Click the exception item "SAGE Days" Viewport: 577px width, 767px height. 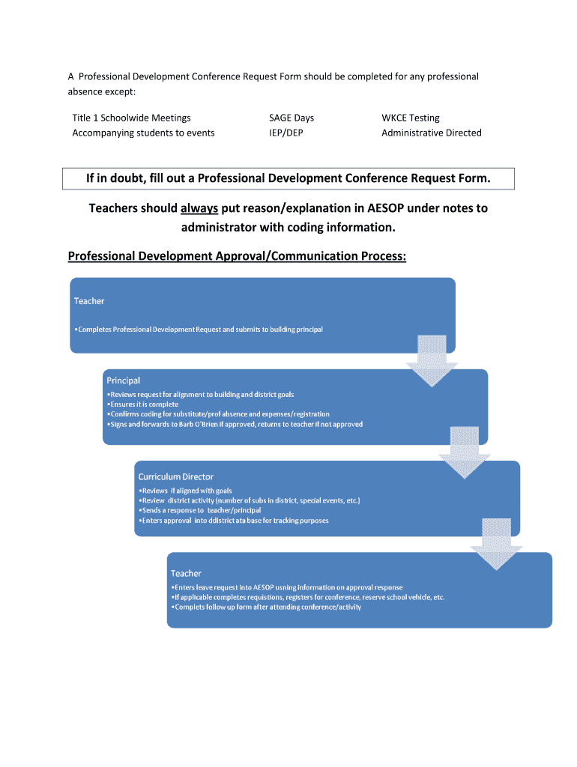(x=291, y=118)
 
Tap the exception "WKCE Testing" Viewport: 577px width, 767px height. (x=411, y=118)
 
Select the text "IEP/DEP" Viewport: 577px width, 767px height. (x=286, y=133)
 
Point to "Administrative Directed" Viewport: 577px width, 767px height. (x=431, y=133)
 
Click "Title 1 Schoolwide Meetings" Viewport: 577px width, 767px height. (x=131, y=118)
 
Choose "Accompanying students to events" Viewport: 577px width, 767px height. (x=143, y=133)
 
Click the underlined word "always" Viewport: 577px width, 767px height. (x=199, y=208)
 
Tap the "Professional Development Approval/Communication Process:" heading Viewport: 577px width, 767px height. (x=237, y=256)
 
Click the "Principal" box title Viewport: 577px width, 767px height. (x=123, y=381)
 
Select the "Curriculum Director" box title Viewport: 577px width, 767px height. (x=175, y=476)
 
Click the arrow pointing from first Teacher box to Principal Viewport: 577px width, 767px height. (x=431, y=360)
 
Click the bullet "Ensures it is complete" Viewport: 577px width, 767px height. (x=143, y=404)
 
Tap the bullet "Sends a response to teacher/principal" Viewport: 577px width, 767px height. (x=200, y=510)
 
